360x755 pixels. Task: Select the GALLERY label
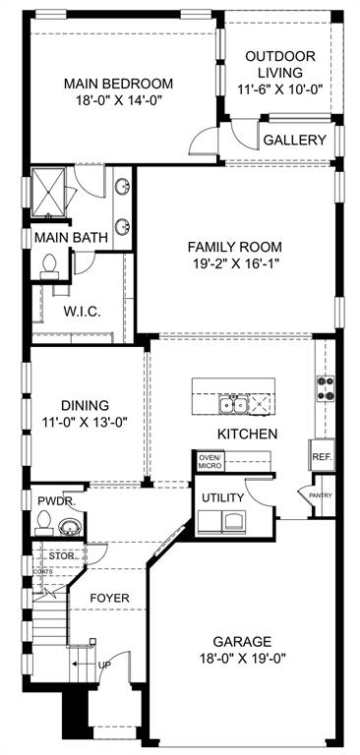point(294,141)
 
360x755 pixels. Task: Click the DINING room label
point(85,404)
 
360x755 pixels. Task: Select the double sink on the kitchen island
point(234,404)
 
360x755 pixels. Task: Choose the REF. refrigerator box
point(321,457)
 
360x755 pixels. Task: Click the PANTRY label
point(321,495)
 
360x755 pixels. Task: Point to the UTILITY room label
point(222,498)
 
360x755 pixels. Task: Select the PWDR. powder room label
point(55,500)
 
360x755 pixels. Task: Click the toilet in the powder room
point(47,529)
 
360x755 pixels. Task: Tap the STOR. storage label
point(61,555)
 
